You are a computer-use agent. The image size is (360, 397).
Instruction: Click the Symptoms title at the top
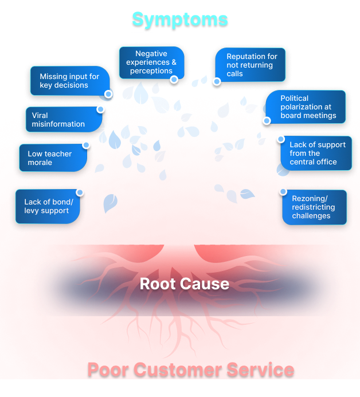click(x=179, y=19)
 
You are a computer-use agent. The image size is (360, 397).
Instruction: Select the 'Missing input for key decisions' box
click(x=69, y=81)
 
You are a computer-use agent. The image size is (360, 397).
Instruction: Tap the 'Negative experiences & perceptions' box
click(x=151, y=62)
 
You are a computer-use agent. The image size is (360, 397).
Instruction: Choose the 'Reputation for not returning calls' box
click(x=251, y=65)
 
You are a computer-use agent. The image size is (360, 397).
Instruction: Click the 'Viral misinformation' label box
click(x=60, y=119)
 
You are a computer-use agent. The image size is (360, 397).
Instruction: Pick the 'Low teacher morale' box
click(x=52, y=158)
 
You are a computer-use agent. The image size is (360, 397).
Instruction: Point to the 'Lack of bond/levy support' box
click(x=47, y=206)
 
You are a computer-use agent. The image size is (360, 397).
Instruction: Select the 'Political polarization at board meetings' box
click(x=307, y=107)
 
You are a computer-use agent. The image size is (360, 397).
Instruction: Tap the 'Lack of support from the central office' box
click(x=314, y=153)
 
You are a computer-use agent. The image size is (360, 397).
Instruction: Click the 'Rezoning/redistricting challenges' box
click(x=314, y=207)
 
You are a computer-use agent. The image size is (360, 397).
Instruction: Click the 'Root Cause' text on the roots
click(x=185, y=284)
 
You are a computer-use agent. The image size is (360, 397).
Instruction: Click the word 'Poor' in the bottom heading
click(x=108, y=370)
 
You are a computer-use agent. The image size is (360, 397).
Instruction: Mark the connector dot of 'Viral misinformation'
click(x=101, y=109)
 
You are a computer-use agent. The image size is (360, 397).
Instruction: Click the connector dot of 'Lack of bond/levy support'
click(x=80, y=192)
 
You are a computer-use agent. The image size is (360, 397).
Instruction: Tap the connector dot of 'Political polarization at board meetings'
click(x=267, y=120)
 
